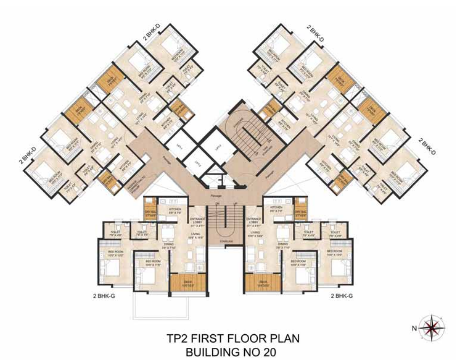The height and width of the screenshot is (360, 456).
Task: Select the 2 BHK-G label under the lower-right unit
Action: (342, 295)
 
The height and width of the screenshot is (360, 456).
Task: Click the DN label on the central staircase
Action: (219, 204)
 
